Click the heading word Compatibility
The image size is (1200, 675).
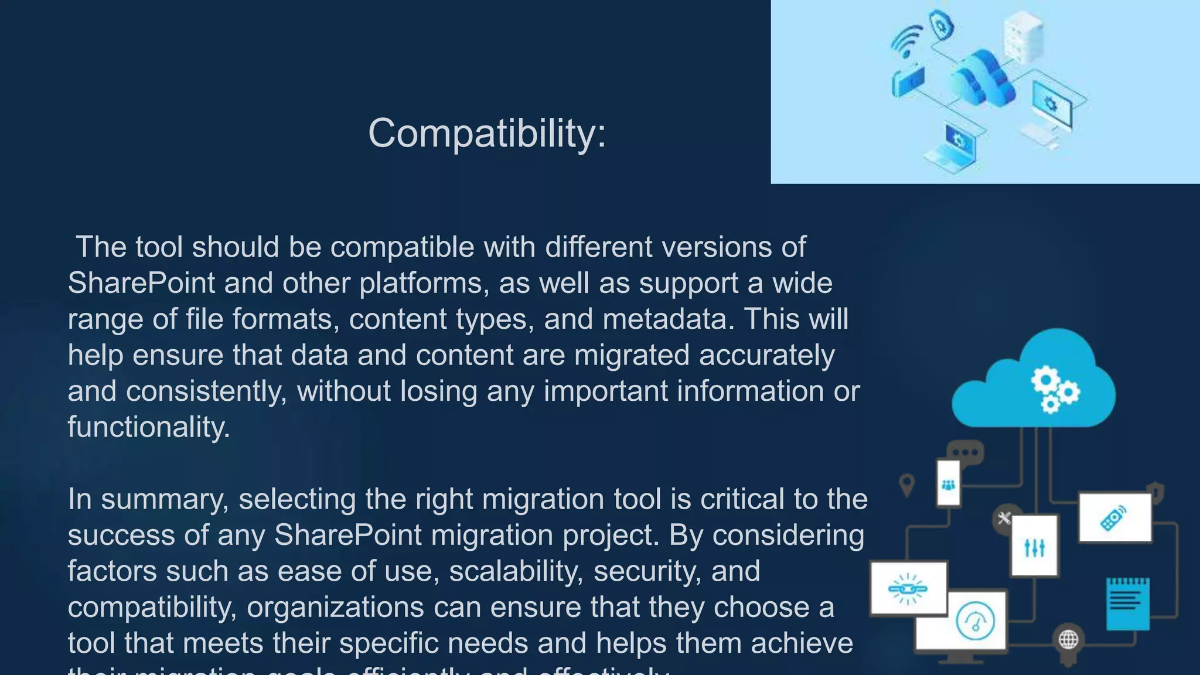point(486,134)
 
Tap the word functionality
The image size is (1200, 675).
point(148,427)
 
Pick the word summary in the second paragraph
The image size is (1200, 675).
point(164,500)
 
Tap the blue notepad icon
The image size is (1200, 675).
point(1127,603)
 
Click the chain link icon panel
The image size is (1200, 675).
point(908,588)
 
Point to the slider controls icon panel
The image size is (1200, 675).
point(1035,546)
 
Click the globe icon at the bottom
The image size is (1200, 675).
point(1068,639)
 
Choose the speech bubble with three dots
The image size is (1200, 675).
point(965,452)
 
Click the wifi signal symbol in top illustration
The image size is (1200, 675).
point(907,41)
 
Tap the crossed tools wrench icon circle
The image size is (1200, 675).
point(1004,518)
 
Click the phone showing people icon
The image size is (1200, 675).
point(948,484)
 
